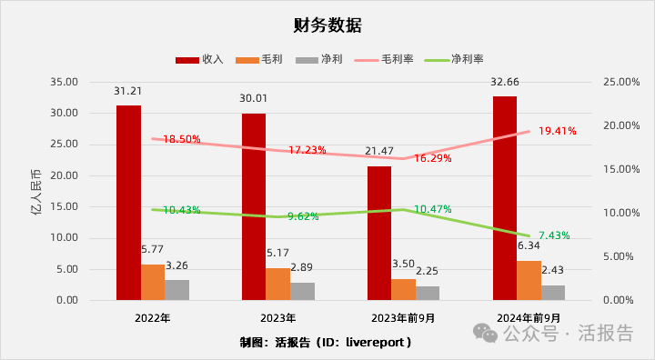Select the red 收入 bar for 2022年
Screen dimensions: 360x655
coord(128,203)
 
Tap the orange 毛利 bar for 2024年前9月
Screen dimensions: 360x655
coord(528,280)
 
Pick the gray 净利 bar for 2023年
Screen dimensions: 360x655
coord(302,291)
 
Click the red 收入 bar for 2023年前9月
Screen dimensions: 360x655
coord(379,233)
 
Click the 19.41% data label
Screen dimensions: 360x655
coord(556,131)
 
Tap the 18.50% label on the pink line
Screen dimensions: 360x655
coord(181,139)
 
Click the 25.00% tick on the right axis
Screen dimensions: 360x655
coord(620,82)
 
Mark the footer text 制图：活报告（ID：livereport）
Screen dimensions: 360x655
coord(327,343)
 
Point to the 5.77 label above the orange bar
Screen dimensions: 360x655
coord(152,248)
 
